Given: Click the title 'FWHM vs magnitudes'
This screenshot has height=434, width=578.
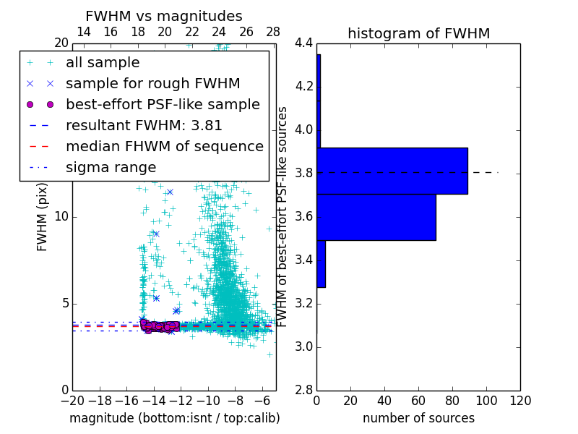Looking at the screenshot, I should point(164,17).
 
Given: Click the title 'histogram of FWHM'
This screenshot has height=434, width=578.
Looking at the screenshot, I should point(418,33).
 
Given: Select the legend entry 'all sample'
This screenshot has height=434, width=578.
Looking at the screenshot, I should point(103,63).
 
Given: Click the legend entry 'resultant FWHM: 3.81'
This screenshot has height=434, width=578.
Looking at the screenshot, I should point(144,125).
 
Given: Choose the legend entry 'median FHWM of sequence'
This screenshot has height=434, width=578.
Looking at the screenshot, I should point(164,146).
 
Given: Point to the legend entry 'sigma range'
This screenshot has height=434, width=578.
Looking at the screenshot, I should point(111,167).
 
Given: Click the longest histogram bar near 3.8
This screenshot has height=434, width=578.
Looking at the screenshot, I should point(392,171).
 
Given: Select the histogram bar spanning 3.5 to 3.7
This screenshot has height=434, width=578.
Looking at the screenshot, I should point(376,217).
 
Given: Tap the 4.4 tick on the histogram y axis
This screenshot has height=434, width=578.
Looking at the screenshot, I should point(303,43).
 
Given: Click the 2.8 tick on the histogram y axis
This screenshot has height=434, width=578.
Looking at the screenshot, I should point(303,390).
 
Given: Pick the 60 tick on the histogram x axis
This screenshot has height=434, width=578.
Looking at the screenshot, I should point(418,401).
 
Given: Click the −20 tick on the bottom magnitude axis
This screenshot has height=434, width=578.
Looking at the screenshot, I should point(72,401).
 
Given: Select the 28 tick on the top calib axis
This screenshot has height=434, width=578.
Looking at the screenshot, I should point(273,32).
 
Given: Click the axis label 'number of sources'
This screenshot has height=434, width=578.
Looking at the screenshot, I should point(418,418).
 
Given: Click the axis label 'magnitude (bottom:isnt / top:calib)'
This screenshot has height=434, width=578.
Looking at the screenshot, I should point(174,418).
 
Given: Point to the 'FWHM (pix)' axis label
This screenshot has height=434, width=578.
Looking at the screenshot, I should point(43,217).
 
